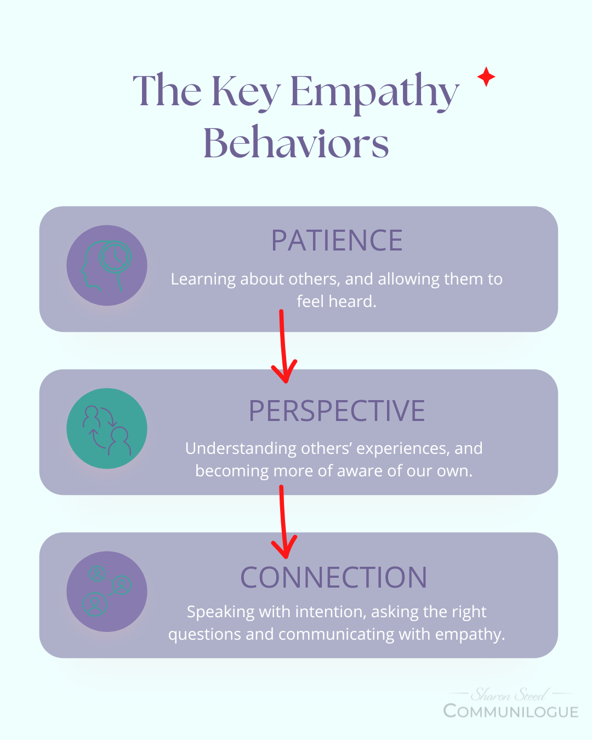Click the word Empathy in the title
tap(374, 92)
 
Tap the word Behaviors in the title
tap(296, 143)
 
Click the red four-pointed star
tap(486, 77)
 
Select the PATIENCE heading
tap(337, 241)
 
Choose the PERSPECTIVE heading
tap(337, 411)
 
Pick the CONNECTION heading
tap(334, 578)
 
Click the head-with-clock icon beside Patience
tap(107, 265)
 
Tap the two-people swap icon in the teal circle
tap(107, 429)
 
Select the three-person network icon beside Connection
tap(107, 591)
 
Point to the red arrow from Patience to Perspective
tap(283, 348)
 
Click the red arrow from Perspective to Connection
tap(283, 521)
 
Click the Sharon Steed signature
tap(509, 695)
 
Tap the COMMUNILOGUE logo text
tap(511, 711)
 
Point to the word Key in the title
tap(246, 92)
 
